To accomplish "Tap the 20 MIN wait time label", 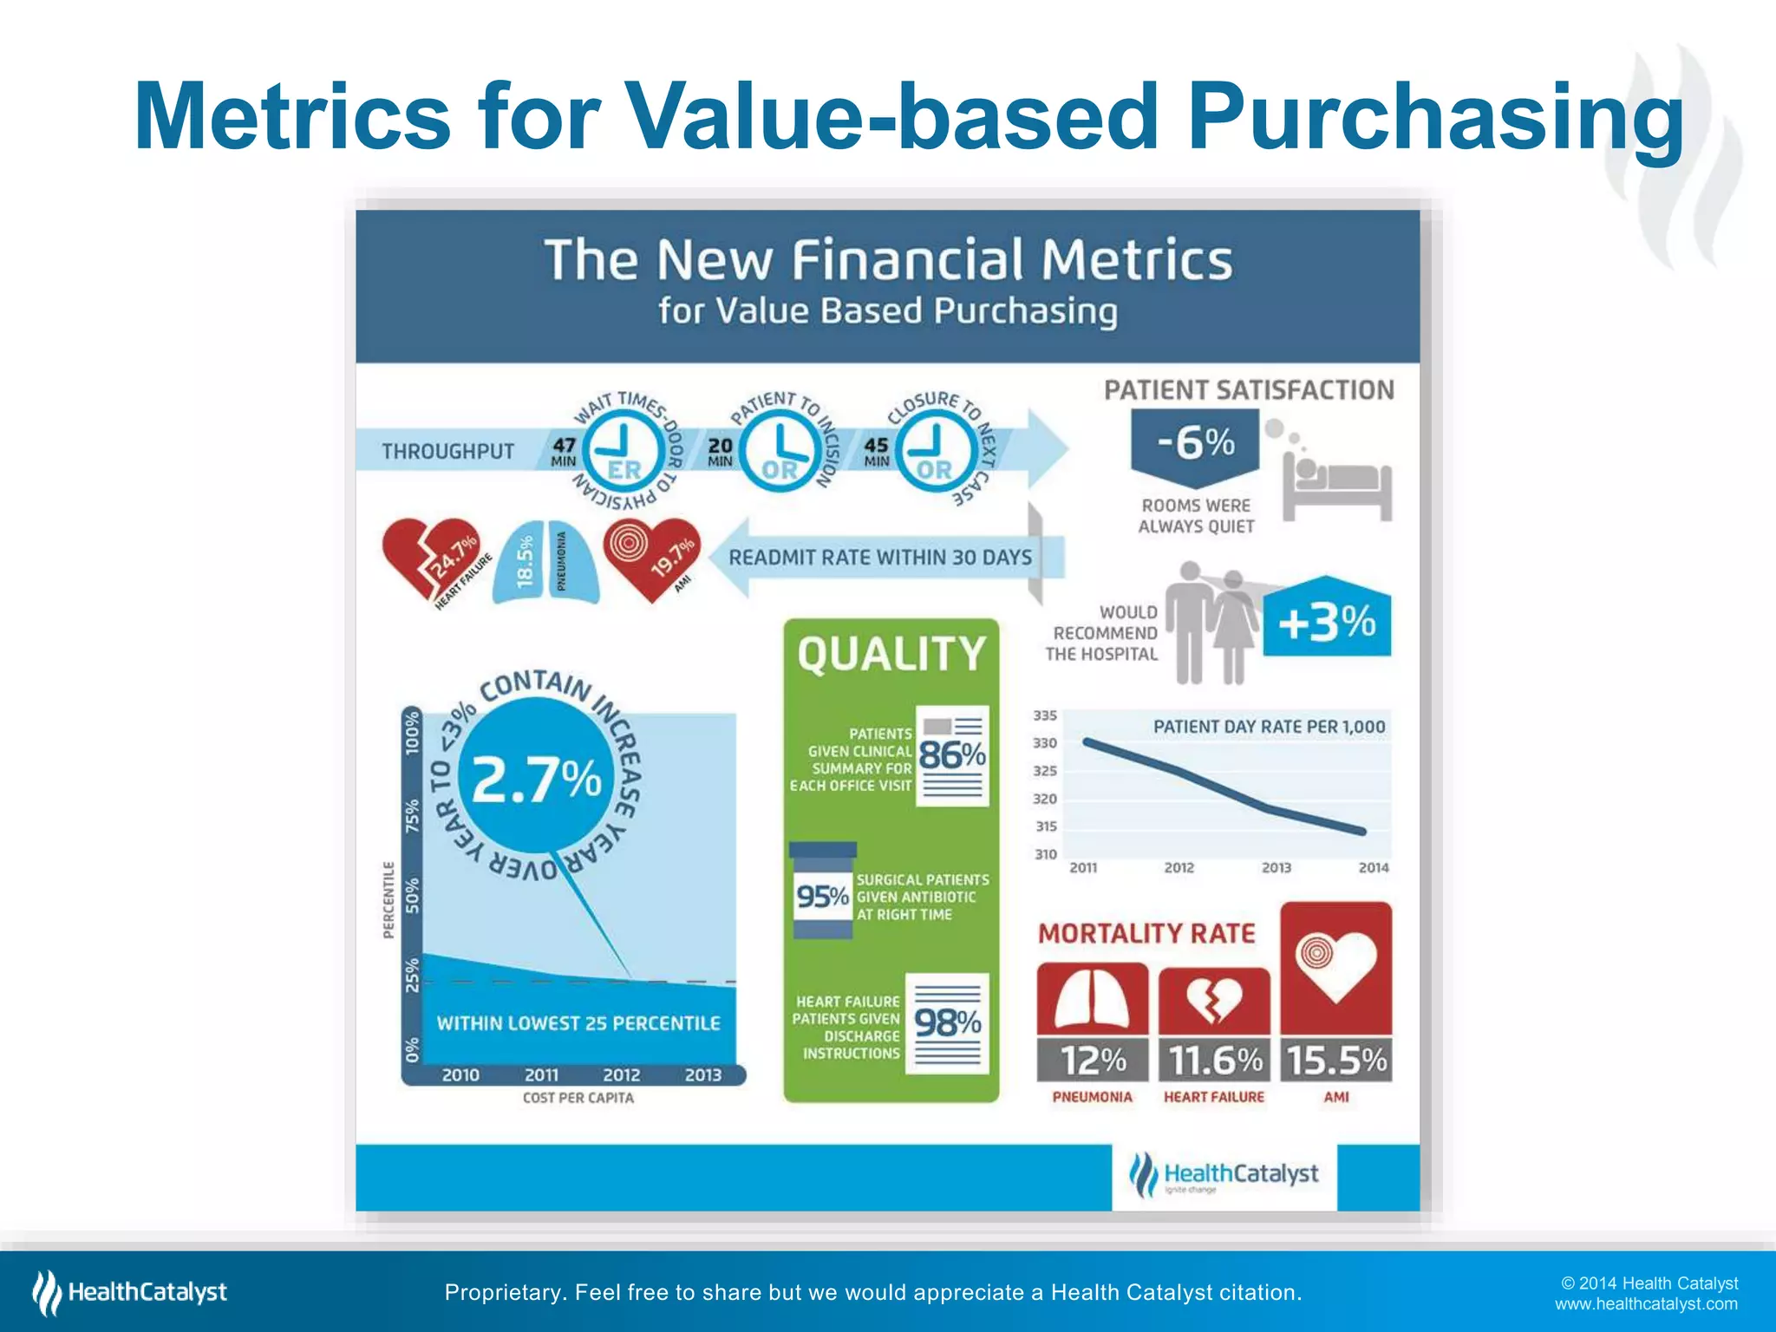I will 720,451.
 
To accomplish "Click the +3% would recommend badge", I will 1327,622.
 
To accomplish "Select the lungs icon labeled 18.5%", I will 545,561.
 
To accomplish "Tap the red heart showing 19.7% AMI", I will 650,558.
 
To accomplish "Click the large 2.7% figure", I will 536,779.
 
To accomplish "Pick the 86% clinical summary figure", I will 952,755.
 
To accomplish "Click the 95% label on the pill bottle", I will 822,896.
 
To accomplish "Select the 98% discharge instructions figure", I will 948,1023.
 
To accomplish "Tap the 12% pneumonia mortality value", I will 1092,1060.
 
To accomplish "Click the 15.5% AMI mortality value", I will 1336,1060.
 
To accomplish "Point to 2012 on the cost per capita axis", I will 621,1075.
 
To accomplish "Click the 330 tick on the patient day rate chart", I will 1045,743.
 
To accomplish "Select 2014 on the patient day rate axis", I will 1373,868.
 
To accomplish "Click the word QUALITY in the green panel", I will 891,654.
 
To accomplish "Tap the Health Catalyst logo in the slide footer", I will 130,1292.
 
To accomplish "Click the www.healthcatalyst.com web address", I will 1646,1304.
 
